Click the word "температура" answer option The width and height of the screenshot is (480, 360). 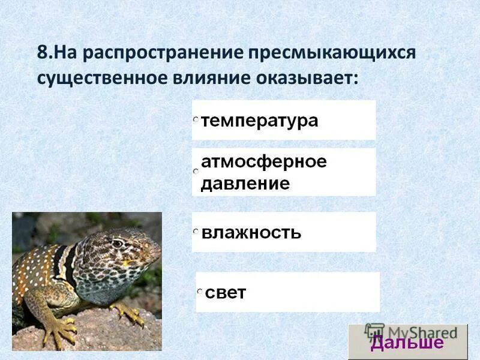259,121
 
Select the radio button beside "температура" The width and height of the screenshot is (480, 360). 195,121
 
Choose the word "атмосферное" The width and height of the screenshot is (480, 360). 263,162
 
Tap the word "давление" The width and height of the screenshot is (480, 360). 245,183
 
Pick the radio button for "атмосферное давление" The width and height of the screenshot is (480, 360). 195,172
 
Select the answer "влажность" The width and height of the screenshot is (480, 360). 251,232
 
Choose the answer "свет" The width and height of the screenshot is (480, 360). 226,293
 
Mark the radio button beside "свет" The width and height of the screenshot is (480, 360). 200,292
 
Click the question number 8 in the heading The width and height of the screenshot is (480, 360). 42,52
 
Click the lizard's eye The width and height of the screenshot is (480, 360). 117,244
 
